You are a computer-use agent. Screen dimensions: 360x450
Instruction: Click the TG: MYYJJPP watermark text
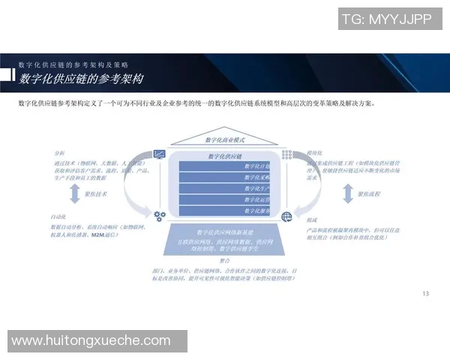pos(385,20)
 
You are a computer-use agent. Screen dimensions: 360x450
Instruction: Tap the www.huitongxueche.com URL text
pos(91,340)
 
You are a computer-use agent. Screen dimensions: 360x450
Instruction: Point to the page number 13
pos(426,293)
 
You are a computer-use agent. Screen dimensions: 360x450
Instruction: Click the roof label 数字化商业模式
pos(225,140)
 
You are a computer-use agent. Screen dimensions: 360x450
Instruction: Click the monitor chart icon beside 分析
pos(159,154)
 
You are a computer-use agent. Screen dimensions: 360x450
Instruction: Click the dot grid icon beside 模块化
pos(286,154)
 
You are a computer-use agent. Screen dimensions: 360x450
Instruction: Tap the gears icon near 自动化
pos(159,216)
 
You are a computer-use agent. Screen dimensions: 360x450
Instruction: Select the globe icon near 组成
pos(286,216)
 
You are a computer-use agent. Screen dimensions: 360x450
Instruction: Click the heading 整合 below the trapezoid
pos(224,259)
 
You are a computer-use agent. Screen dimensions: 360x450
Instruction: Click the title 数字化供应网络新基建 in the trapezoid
pos(224,232)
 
